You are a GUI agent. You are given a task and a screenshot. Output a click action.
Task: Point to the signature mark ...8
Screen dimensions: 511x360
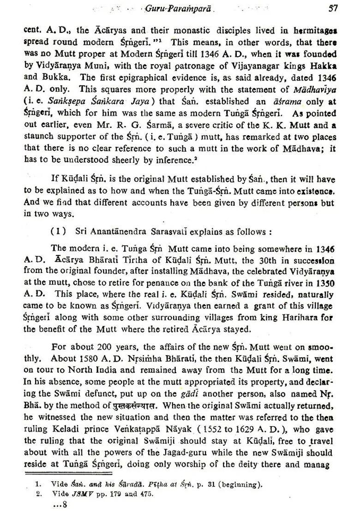(x=60, y=504)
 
